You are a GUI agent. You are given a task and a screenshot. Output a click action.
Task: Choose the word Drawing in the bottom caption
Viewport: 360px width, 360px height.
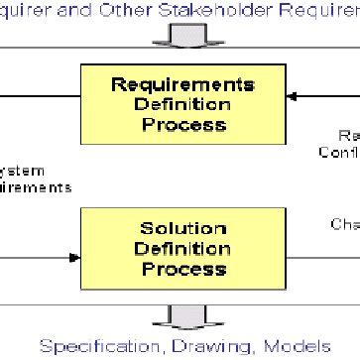[x=211, y=346]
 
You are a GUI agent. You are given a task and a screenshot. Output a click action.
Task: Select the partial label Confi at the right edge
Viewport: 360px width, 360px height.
[x=339, y=153]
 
